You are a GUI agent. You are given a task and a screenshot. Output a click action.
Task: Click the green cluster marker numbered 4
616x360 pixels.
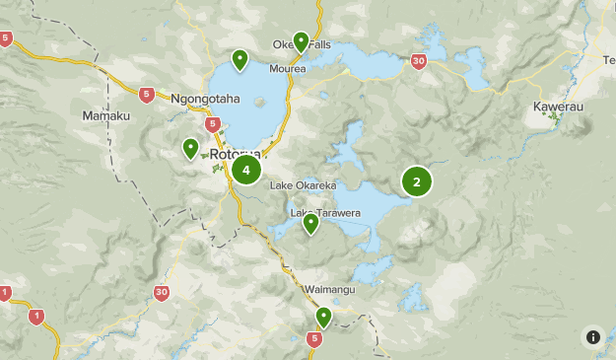[x=245, y=170]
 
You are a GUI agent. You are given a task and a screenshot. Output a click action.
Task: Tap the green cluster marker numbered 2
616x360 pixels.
[x=417, y=181]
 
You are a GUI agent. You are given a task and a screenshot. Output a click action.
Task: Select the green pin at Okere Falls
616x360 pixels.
[x=301, y=40]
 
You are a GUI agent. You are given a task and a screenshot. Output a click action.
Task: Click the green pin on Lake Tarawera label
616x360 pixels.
[x=311, y=223]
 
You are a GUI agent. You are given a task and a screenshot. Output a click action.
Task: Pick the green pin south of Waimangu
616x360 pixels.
[x=323, y=317]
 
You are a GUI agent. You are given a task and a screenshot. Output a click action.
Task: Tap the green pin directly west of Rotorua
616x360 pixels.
[x=191, y=148]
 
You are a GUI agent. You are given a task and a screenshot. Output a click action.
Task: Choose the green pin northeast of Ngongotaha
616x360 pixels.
[x=240, y=59]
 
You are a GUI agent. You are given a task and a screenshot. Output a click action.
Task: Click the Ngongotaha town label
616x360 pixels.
[x=205, y=99]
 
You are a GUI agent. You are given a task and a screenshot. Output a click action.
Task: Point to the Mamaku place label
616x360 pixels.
[x=105, y=116]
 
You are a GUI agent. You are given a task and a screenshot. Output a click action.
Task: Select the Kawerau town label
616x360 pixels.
[x=558, y=106]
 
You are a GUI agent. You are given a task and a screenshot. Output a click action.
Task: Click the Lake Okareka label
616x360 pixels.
[x=303, y=185]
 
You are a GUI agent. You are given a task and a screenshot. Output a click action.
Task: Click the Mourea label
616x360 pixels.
[x=290, y=69]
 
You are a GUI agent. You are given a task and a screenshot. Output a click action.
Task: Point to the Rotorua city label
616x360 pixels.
[x=234, y=155]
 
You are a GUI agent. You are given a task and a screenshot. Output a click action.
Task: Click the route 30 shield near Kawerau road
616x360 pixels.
[x=419, y=61]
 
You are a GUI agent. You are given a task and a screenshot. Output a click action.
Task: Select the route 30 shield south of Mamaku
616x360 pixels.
[x=162, y=292]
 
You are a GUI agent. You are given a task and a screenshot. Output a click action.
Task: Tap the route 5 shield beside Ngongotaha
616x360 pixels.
[x=147, y=96]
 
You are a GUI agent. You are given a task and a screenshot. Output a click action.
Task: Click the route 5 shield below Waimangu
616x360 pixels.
[x=314, y=339]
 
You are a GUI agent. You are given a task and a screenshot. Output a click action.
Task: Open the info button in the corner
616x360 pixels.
[x=592, y=336]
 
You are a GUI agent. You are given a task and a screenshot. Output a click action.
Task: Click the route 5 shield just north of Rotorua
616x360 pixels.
[x=213, y=124]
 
